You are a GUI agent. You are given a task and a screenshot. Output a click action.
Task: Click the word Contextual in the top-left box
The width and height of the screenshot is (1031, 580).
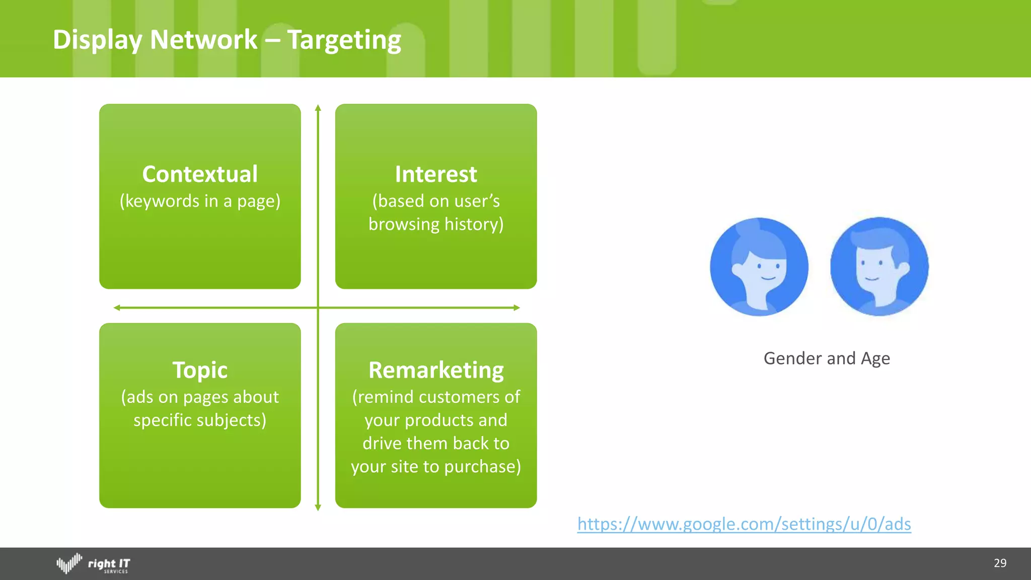pyautogui.click(x=200, y=174)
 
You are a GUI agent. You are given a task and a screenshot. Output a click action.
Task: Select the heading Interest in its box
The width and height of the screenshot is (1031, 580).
pyautogui.click(x=435, y=174)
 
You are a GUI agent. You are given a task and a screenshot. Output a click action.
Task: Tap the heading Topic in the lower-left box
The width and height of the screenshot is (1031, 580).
pyautogui.click(x=200, y=370)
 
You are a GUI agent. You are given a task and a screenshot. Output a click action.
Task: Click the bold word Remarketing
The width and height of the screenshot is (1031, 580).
pyautogui.click(x=436, y=370)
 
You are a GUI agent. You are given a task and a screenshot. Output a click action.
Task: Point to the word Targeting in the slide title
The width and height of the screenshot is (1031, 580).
pyautogui.click(x=344, y=40)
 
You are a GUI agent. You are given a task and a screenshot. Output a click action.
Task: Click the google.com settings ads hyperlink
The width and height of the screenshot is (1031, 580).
pyautogui.click(x=744, y=524)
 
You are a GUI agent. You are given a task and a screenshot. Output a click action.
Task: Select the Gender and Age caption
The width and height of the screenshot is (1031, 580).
pyautogui.click(x=827, y=358)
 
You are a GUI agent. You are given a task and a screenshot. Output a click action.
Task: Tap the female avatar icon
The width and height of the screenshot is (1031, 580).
pyautogui.click(x=759, y=267)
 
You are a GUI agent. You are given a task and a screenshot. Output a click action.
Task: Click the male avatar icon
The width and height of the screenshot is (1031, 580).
pyautogui.click(x=879, y=267)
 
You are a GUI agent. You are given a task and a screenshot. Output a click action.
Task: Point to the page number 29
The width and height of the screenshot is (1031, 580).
pyautogui.click(x=1000, y=563)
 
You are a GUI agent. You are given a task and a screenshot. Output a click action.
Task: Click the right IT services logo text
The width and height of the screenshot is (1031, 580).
pyautogui.click(x=109, y=564)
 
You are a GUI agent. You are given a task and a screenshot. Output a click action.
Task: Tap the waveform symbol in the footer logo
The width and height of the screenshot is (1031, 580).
pyautogui.click(x=69, y=563)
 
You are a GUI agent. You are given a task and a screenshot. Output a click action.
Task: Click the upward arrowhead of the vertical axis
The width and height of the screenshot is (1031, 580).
pyautogui.click(x=318, y=108)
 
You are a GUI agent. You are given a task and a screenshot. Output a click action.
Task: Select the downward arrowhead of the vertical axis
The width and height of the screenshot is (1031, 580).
pyautogui.click(x=318, y=507)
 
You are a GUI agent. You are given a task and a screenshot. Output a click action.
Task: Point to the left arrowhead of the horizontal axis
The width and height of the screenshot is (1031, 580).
pyautogui.click(x=117, y=308)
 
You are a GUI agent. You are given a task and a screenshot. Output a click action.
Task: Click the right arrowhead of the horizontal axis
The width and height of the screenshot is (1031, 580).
pyautogui.click(x=517, y=308)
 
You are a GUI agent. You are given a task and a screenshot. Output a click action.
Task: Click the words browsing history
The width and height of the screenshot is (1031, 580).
pyautogui.click(x=435, y=225)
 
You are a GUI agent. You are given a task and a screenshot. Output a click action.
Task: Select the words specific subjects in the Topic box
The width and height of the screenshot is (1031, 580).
pyautogui.click(x=200, y=420)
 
